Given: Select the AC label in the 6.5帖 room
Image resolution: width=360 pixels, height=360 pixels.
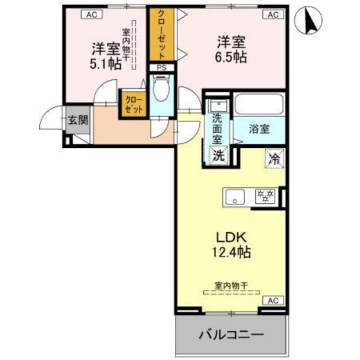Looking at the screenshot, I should point(272,14).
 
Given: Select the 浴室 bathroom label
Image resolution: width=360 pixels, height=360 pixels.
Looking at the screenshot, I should point(260,128).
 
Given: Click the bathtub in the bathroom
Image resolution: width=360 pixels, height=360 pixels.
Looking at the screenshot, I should point(258,105).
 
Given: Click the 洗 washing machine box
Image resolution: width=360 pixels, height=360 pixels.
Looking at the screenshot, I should point(218,155).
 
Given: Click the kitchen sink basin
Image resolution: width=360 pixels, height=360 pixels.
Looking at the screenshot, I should point(234,196).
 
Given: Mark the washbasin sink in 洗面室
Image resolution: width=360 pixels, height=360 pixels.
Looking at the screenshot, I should point(217,105).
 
